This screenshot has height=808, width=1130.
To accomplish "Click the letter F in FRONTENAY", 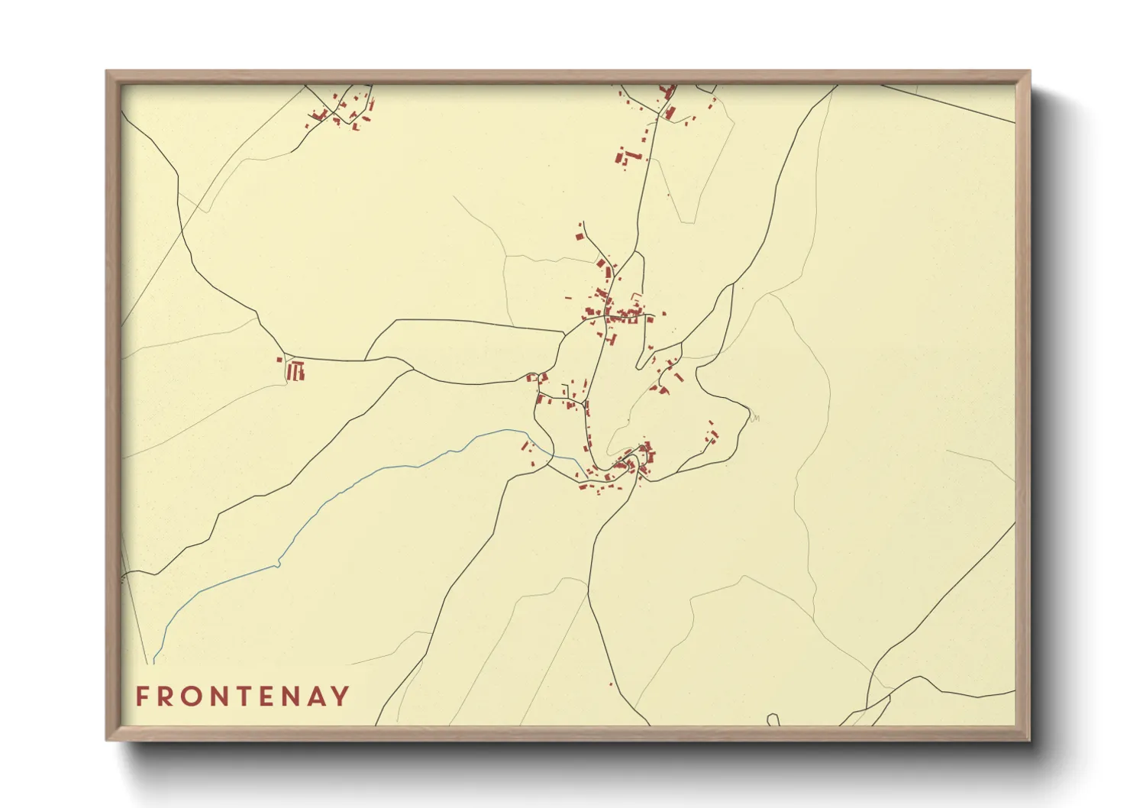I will [141, 696].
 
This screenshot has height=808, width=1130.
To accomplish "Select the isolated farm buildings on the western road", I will [295, 371].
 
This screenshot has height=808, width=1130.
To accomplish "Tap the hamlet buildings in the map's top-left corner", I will [344, 112].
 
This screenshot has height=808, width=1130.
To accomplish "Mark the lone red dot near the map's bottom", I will [611, 684].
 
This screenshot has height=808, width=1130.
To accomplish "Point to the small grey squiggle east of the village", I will [755, 417].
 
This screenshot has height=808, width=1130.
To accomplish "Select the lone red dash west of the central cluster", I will [568, 298].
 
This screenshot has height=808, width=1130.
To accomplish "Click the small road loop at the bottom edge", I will [773, 719].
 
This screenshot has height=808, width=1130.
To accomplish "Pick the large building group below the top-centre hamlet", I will [628, 158].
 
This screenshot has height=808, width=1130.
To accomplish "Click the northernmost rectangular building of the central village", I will [580, 237].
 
